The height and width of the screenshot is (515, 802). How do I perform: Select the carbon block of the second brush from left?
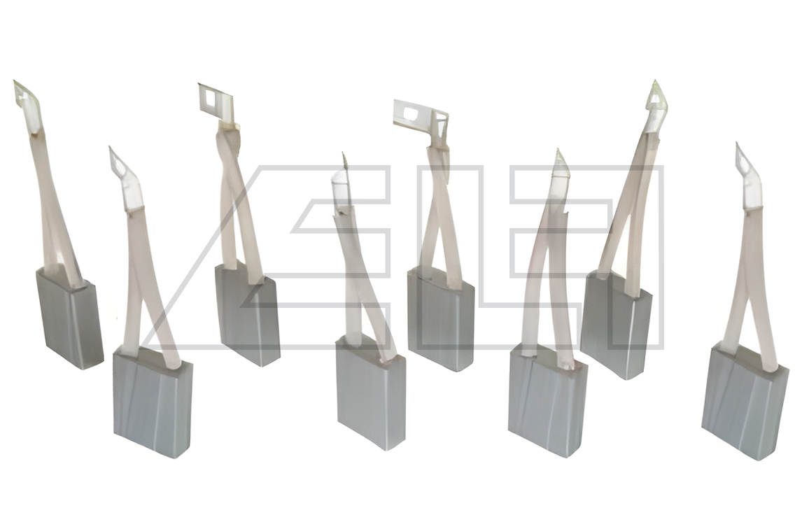[x=153, y=401]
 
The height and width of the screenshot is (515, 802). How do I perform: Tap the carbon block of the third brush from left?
[x=248, y=315]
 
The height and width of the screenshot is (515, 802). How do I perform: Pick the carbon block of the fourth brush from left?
[x=371, y=393]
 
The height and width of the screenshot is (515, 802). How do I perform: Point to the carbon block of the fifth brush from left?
[x=441, y=319]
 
